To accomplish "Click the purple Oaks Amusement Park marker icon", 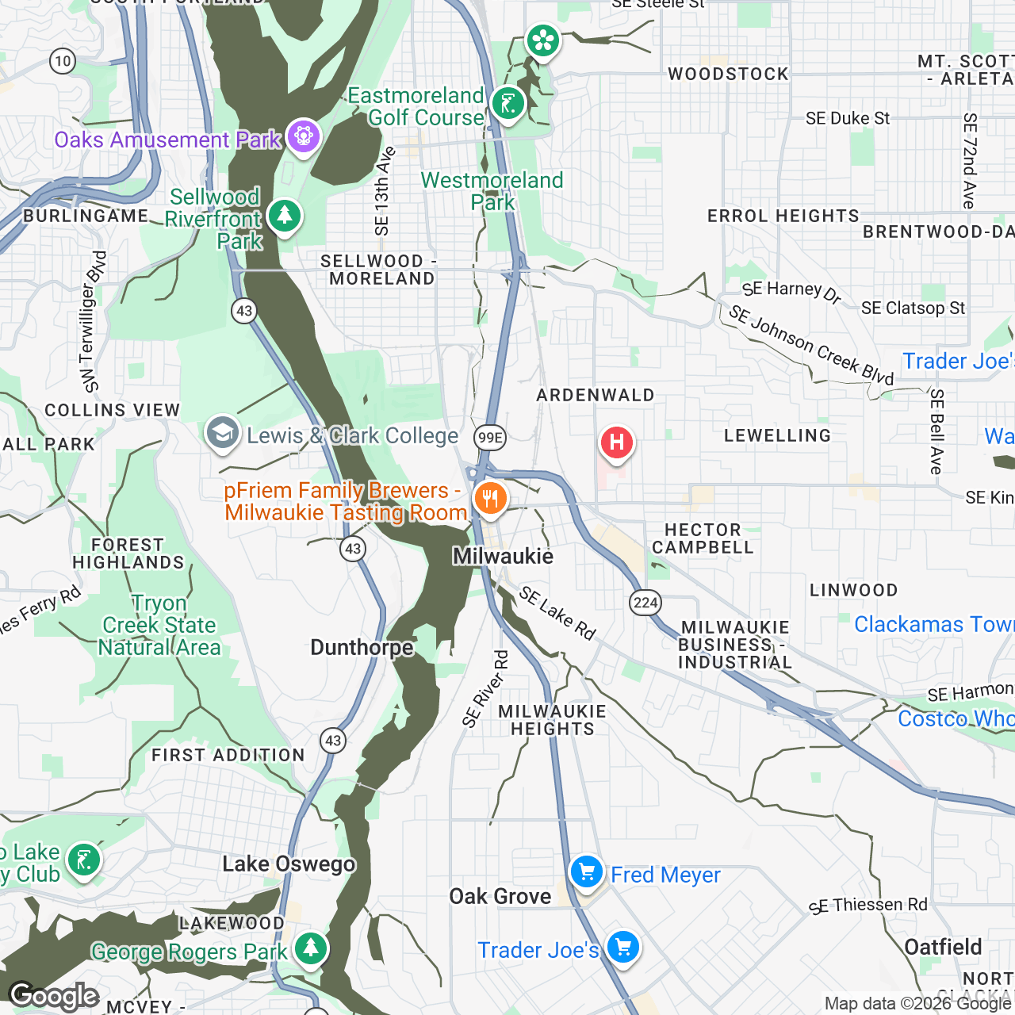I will tap(303, 136).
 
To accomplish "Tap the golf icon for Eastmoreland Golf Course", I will tap(507, 104).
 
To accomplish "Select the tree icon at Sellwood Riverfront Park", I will tap(284, 215).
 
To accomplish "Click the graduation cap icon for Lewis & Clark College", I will tap(223, 433).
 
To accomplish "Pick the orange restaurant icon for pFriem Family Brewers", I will tap(490, 499).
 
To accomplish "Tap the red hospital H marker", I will tap(616, 442).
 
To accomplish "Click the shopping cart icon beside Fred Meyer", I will tap(587, 872).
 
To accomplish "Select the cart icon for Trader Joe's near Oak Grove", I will tap(623, 947).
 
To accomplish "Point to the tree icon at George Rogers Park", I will tap(310, 948).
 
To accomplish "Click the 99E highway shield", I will tap(490, 437).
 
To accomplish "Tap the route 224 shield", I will tap(645, 603).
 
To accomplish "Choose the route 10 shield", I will tap(62, 61).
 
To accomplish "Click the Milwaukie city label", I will tap(503, 556).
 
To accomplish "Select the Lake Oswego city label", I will tap(289, 864).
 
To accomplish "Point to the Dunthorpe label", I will tap(362, 647).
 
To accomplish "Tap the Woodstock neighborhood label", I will tap(728, 75).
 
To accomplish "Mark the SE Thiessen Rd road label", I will tap(868, 906).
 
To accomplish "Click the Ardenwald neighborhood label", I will tap(596, 395).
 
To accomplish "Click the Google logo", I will tap(54, 996).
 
